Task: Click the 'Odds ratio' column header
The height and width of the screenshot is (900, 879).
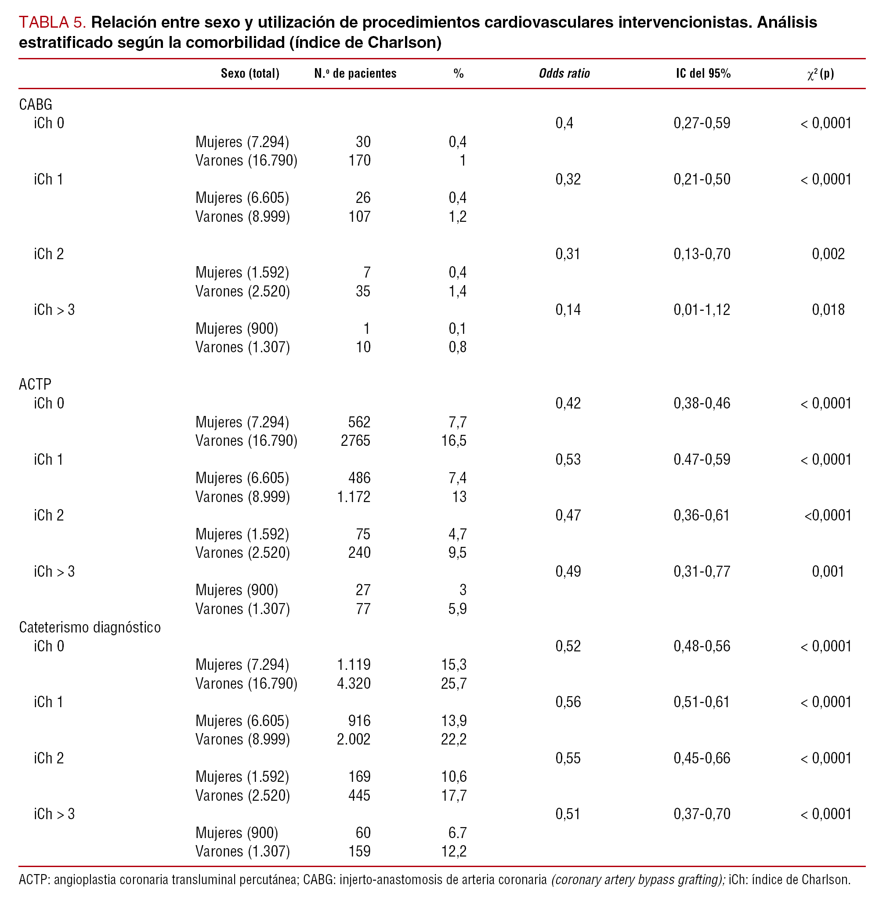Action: [x=564, y=73]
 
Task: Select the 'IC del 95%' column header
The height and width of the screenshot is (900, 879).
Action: [x=703, y=73]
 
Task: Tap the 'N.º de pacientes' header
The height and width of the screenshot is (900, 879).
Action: [x=355, y=73]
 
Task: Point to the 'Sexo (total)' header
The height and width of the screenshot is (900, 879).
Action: [x=250, y=73]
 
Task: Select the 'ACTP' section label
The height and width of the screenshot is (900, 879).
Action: [x=35, y=384]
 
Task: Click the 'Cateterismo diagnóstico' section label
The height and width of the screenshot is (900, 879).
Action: [x=90, y=627]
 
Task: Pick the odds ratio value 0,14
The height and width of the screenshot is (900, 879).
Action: [x=568, y=310]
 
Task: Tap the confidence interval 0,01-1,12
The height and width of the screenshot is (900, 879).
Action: [x=702, y=310]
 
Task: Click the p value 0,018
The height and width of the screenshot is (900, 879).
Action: [x=828, y=310]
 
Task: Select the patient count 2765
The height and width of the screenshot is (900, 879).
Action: [x=355, y=441]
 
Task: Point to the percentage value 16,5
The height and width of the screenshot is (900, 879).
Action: [x=454, y=441]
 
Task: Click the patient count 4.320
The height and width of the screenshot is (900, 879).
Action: [x=354, y=683]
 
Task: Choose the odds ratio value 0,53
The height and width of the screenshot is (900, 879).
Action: [x=568, y=460]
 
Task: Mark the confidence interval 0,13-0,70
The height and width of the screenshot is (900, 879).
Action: [x=702, y=254]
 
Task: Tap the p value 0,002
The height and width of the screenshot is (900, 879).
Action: [x=828, y=254]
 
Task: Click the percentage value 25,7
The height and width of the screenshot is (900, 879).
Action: [x=454, y=683]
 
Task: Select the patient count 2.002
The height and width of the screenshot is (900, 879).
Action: [x=354, y=739]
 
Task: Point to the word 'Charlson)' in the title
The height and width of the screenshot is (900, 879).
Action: [x=405, y=43]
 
